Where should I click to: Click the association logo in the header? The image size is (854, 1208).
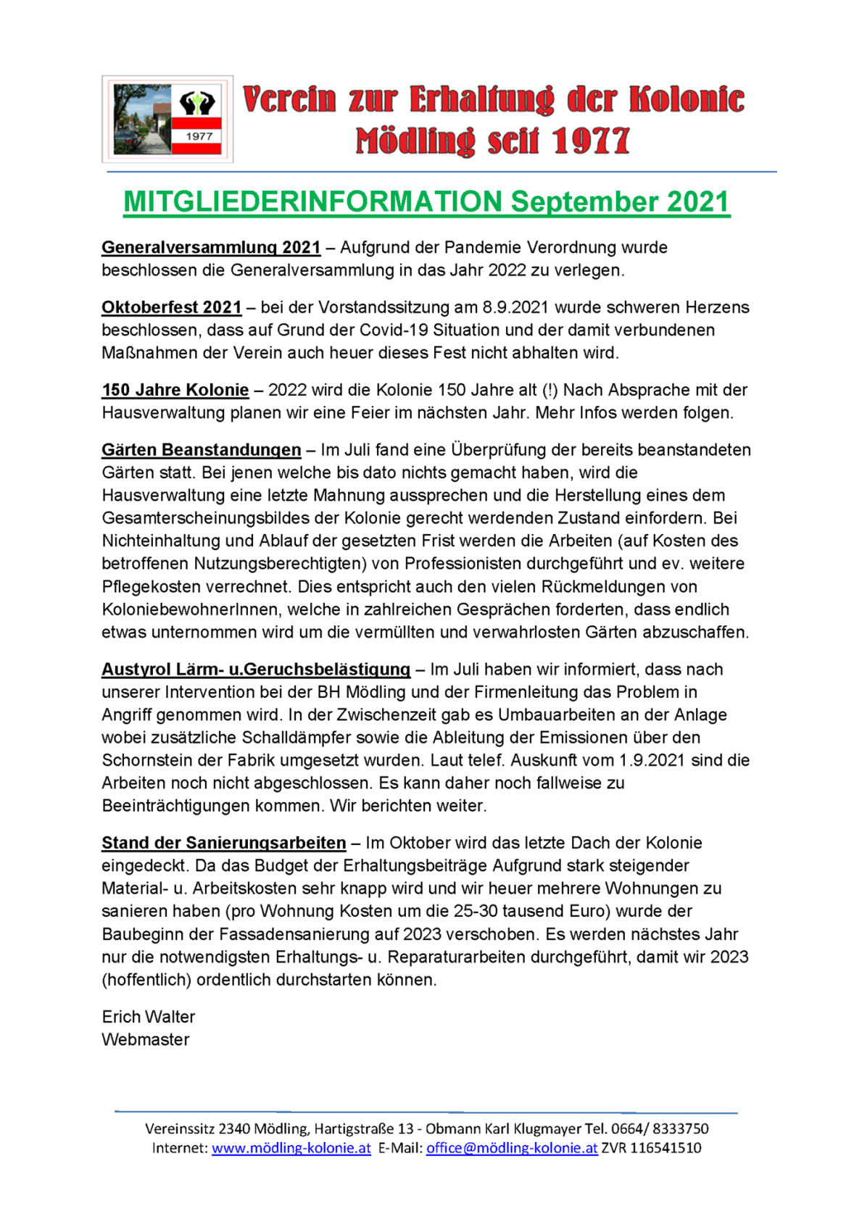click(167, 119)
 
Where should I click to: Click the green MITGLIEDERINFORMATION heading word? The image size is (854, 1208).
click(312, 202)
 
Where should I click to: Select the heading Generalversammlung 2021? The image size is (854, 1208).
click(211, 248)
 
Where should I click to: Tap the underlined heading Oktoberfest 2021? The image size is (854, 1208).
click(172, 308)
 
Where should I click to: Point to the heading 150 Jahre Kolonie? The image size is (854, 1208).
click(175, 391)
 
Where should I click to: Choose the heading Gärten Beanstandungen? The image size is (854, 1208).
click(202, 450)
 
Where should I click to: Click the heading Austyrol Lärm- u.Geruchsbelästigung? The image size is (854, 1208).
click(256, 670)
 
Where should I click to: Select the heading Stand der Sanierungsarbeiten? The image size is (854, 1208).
click(224, 843)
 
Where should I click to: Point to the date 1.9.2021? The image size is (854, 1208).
click(652, 761)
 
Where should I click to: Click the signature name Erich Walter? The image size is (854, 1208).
click(149, 1017)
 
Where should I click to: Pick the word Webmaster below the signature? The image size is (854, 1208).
click(146, 1040)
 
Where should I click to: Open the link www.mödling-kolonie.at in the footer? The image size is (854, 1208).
click(291, 1149)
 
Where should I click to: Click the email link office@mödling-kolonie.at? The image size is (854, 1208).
click(512, 1149)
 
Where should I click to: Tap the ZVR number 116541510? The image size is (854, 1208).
click(666, 1149)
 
